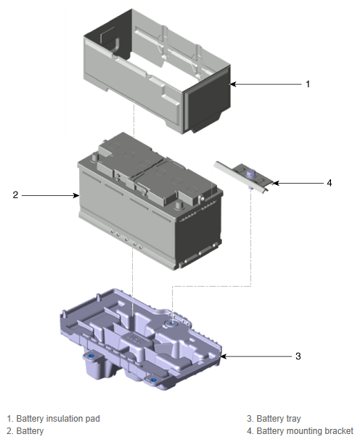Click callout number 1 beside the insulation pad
(308, 84)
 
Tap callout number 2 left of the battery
(15, 195)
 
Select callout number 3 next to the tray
(298, 356)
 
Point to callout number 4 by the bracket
(330, 183)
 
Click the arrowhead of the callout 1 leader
(233, 84)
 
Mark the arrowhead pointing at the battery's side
(76, 195)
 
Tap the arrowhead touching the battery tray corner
(223, 356)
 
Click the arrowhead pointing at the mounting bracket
(276, 183)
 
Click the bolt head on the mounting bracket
(250, 173)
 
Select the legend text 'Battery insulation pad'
(58, 419)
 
